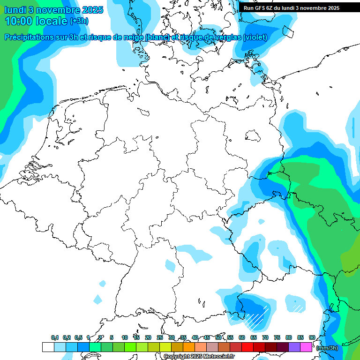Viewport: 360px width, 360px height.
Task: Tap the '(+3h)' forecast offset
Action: click(x=79, y=21)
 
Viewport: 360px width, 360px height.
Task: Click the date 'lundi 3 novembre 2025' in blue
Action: click(x=49, y=10)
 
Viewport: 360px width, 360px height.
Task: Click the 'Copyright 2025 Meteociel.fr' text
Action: click(x=199, y=357)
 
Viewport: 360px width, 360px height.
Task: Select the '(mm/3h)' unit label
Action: click(x=327, y=348)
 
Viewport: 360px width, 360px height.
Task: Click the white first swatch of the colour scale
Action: click(x=48, y=347)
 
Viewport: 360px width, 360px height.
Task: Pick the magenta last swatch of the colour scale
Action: click(x=306, y=347)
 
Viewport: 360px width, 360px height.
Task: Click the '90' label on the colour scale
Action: click(x=312, y=338)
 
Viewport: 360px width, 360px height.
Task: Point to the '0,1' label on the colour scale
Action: click(x=55, y=338)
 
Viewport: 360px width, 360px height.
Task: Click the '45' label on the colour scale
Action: click(x=207, y=338)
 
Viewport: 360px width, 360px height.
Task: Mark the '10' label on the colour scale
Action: click(x=125, y=338)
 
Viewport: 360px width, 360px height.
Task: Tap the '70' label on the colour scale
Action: click(x=265, y=338)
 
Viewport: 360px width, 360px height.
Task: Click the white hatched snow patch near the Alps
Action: click(x=255, y=315)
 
